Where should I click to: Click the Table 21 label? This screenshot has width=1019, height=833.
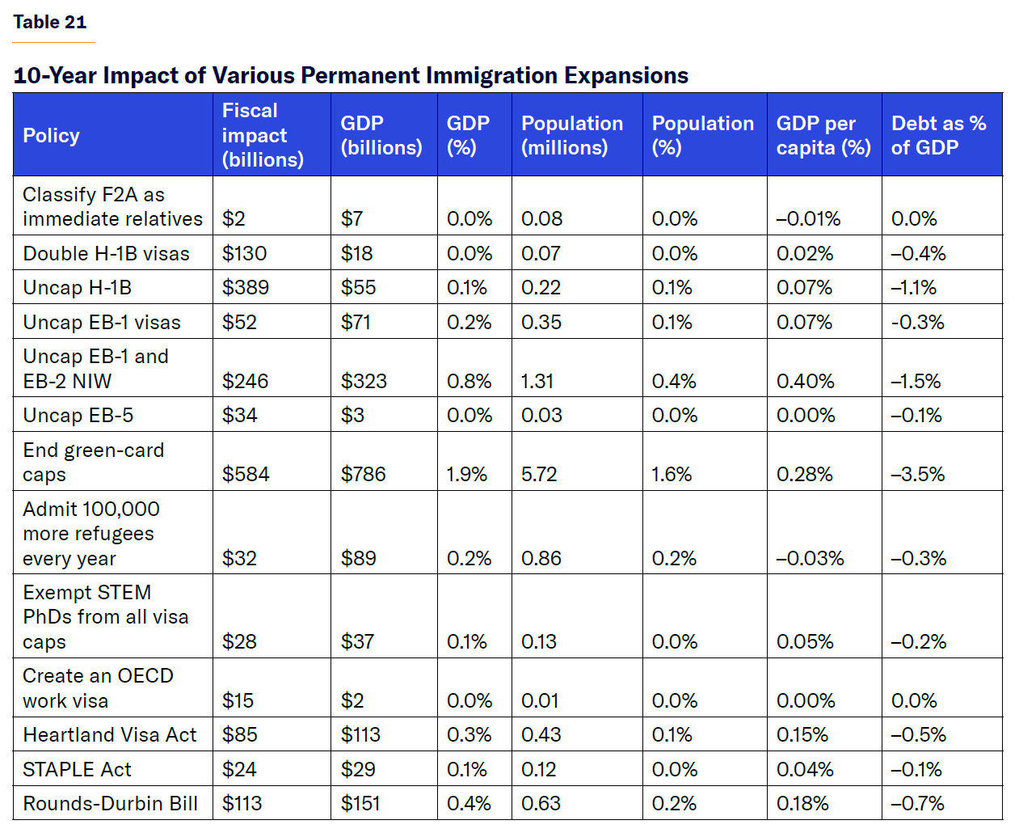(49, 23)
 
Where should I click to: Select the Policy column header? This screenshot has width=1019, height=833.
(51, 136)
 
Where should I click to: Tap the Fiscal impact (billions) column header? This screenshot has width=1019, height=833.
(263, 135)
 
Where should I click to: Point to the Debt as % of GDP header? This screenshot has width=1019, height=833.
(938, 135)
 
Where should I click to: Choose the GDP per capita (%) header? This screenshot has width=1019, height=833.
(823, 135)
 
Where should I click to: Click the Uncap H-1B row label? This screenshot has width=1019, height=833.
(77, 288)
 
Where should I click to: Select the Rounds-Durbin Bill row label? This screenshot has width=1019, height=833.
(110, 804)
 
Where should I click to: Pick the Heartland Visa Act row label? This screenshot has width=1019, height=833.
(109, 735)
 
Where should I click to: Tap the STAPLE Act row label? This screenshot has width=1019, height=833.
(77, 770)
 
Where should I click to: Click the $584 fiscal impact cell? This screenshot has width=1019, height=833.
(246, 475)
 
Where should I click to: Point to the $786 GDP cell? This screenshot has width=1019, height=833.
(363, 475)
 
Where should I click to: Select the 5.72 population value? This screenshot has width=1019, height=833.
(539, 475)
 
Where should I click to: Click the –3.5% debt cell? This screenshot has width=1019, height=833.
(917, 475)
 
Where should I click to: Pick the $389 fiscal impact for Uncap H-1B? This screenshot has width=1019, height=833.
(246, 288)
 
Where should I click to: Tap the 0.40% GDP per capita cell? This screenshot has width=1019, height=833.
(805, 382)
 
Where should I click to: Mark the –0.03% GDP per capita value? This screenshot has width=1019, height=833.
(810, 559)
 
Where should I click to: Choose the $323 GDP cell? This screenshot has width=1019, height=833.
(364, 382)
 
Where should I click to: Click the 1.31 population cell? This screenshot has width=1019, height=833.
(537, 382)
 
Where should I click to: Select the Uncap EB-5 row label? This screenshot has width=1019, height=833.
(78, 416)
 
